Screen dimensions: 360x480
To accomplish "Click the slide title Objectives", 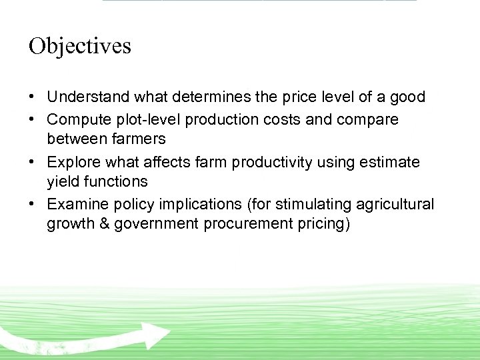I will click(80, 46).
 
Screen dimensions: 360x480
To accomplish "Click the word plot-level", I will click(146, 119).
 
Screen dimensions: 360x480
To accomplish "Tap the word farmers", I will click(140, 139).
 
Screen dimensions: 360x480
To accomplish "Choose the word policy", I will click(131, 204).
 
